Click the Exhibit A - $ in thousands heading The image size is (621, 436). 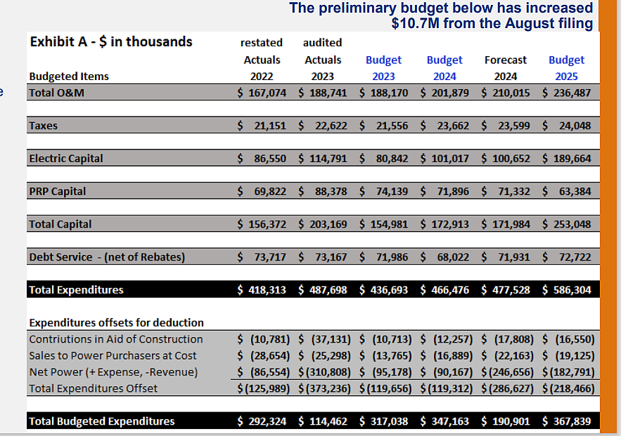(x=111, y=42)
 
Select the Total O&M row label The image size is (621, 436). (x=56, y=93)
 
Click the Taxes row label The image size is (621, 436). (x=44, y=126)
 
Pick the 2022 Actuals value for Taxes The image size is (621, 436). (x=262, y=126)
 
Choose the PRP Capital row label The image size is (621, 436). (x=57, y=191)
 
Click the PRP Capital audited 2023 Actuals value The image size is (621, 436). (x=323, y=191)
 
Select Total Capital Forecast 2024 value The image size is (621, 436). (x=506, y=224)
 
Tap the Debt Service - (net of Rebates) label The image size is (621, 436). (x=107, y=257)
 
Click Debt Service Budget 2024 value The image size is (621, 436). (x=444, y=257)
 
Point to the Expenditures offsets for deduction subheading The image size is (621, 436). (x=116, y=323)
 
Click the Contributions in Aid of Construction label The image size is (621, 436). (x=116, y=339)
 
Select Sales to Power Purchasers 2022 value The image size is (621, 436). (x=262, y=356)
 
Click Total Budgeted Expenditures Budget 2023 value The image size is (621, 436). (x=383, y=421)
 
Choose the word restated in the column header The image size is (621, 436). (x=262, y=43)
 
